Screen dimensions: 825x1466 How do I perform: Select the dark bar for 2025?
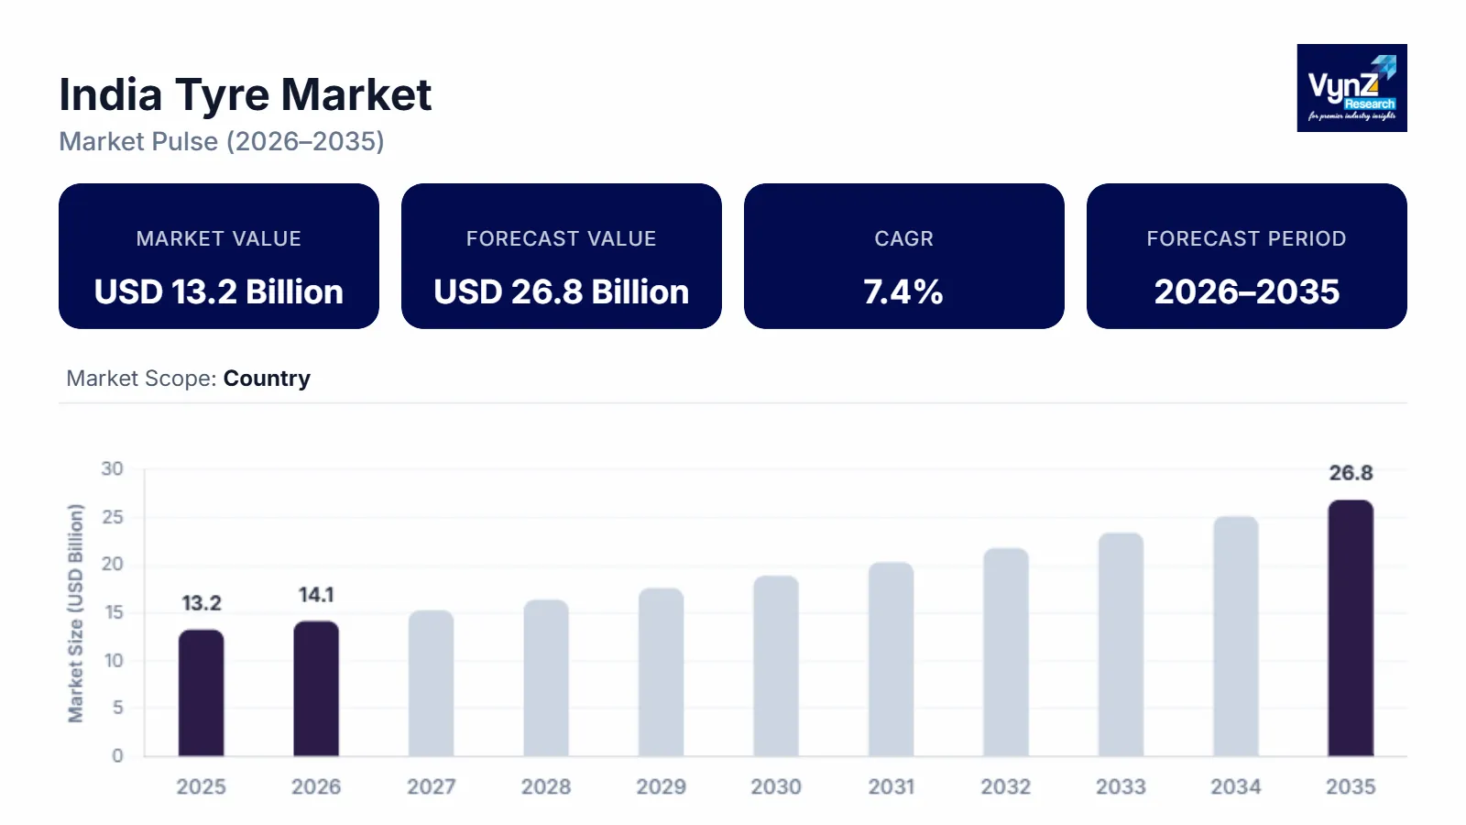point(201,693)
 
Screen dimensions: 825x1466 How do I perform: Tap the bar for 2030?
point(776,666)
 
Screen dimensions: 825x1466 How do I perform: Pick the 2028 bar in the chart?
point(546,678)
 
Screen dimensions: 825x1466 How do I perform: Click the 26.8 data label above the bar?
point(1351,473)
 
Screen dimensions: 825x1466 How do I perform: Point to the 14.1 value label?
point(316,595)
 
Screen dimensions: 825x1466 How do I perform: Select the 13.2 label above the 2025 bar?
point(201,603)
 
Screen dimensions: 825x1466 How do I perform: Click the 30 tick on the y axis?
point(112,469)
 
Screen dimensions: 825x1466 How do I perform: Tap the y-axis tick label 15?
point(113,612)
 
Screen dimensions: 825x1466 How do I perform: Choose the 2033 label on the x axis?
point(1121,786)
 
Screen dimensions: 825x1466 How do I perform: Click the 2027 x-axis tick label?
point(431,786)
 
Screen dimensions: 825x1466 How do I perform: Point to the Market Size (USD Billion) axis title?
point(75,612)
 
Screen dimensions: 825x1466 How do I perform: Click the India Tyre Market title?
point(245,94)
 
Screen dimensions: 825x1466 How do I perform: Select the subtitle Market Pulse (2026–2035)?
point(222,141)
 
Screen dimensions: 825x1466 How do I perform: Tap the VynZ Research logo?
point(1351,88)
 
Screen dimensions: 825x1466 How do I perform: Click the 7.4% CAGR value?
point(903,291)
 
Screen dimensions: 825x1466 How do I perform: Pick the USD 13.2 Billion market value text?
point(219,291)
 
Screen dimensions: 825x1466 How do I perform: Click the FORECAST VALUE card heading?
point(561,238)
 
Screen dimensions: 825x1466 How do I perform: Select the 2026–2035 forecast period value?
point(1246,291)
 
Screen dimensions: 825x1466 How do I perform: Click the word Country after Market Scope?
point(267,379)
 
